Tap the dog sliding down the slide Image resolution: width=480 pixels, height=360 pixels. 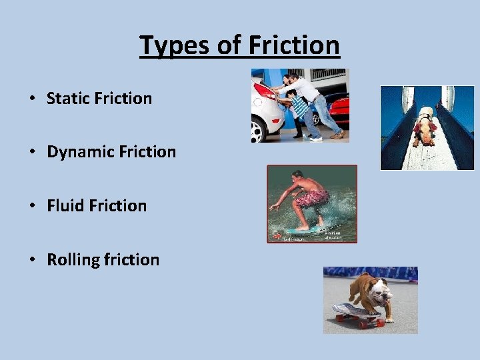(x=424, y=128)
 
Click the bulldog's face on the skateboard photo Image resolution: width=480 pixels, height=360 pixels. (x=377, y=294)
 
